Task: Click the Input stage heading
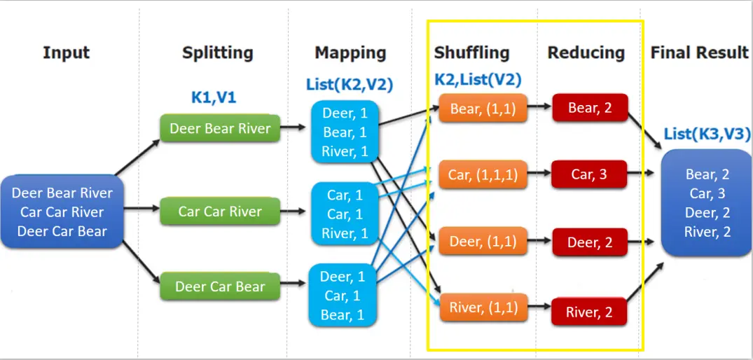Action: coord(67,53)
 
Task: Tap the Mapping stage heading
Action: coord(350,53)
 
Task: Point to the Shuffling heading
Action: coord(471,53)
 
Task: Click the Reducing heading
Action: coord(586,53)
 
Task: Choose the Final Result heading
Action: coord(699,53)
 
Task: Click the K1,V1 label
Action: coord(214,97)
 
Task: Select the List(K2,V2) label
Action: coord(350,85)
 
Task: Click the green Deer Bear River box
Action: coord(219,129)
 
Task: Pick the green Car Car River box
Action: coord(219,212)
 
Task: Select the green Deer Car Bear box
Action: coord(219,286)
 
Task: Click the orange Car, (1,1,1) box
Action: coord(483,174)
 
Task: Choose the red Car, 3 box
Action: coord(589,174)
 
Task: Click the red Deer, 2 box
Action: coord(589,242)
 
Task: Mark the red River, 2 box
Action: coord(589,312)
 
